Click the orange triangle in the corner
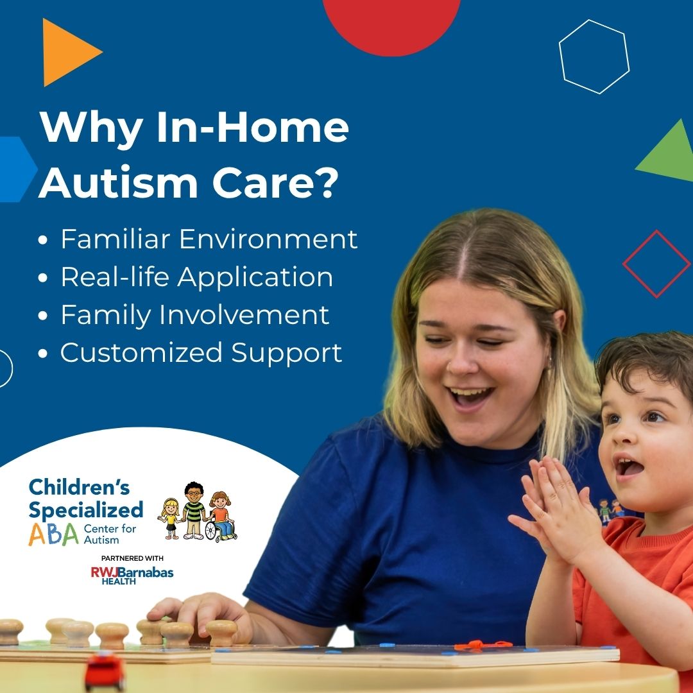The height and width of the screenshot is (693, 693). point(65,52)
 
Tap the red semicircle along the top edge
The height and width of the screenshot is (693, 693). point(391,24)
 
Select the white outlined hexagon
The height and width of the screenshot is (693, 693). point(594,56)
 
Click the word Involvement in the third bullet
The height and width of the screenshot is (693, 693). point(244,314)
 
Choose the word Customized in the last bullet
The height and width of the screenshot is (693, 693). point(141,353)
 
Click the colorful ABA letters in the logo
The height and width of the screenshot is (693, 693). point(53,534)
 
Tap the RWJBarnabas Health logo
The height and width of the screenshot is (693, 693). point(132,576)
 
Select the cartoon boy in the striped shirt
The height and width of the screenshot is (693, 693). point(194,510)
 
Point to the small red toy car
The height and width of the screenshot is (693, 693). point(105,672)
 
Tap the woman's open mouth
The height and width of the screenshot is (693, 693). point(469,395)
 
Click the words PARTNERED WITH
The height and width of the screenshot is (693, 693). point(132,558)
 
